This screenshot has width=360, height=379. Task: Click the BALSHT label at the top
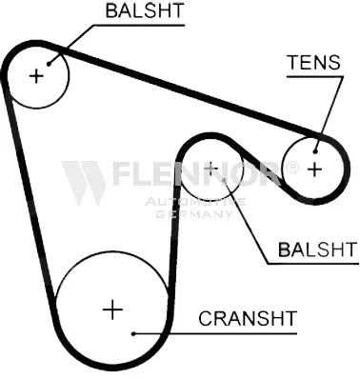pos(145,10)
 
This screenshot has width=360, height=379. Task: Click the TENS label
pos(313,62)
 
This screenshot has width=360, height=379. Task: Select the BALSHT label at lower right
pos(318,249)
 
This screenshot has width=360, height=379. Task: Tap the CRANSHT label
pos(248,318)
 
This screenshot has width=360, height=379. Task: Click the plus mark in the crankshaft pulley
pos(112,309)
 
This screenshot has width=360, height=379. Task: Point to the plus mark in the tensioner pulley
pos(315,170)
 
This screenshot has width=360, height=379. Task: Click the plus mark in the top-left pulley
pos(36,76)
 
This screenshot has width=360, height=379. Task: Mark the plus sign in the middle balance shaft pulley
pos(211,168)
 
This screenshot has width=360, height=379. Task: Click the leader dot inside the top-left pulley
pos(49,64)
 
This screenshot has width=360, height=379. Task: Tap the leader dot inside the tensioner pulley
pos(315,151)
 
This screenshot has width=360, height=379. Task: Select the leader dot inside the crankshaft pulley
pos(133,333)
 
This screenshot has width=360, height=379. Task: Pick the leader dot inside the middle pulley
pos(225,181)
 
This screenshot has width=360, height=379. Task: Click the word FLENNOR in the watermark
pos(196,173)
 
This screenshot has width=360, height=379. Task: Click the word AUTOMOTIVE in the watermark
pos(195,202)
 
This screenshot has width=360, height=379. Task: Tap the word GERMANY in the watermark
pos(194,214)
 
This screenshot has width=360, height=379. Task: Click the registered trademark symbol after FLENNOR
pos(291,168)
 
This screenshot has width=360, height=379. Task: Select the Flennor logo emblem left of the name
pos(84,183)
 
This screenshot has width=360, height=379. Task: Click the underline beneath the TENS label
pos(314,76)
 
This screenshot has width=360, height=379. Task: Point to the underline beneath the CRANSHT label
pos(215,333)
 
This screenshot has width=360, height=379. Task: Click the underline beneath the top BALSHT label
pos(137,25)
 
